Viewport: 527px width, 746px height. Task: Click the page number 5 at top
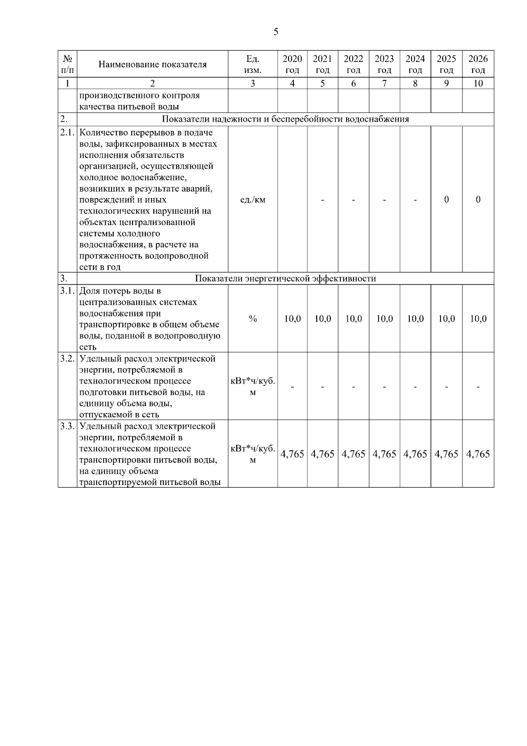[276, 32]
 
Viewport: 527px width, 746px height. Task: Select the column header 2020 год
[292, 65]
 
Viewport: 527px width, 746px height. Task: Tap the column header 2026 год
[478, 65]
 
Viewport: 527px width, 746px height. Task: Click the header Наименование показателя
[152, 65]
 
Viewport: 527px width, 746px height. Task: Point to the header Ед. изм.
[253, 65]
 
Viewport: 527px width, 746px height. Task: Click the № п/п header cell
[67, 65]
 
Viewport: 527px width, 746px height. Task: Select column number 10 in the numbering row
[478, 83]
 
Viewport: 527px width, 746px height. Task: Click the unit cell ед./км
[253, 200]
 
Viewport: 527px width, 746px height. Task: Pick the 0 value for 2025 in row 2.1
[446, 200]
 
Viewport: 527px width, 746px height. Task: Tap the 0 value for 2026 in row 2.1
[478, 200]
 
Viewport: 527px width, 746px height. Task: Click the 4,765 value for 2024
[415, 454]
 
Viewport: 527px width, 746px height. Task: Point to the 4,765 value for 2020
[292, 454]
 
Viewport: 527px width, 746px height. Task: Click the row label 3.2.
[67, 359]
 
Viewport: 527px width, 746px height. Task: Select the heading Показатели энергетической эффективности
[285, 279]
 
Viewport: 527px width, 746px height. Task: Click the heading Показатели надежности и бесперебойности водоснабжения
[285, 120]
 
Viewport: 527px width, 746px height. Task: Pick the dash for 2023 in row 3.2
[384, 387]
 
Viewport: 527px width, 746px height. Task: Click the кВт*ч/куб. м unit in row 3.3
[253, 454]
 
